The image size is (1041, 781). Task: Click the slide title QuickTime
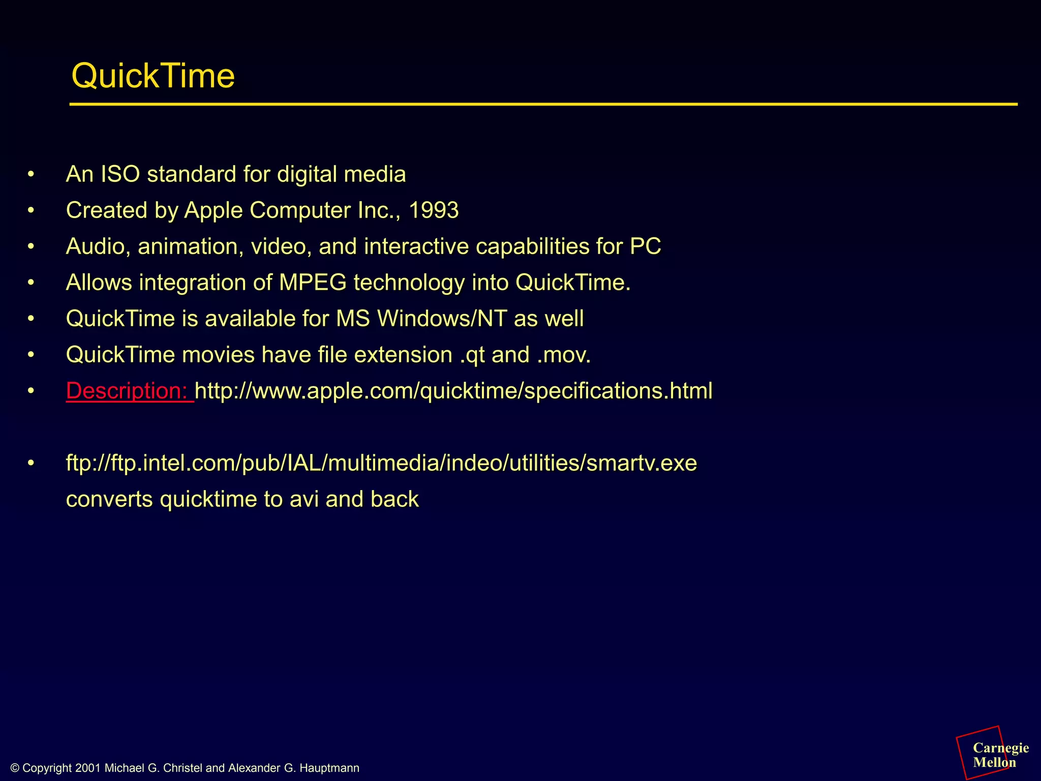click(x=153, y=76)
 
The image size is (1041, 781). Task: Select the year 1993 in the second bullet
click(x=434, y=211)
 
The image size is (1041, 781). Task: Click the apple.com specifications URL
click(x=453, y=391)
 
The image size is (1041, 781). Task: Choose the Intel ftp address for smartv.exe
click(x=381, y=463)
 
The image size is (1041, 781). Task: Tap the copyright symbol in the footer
click(x=15, y=768)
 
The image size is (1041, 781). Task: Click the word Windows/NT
click(x=442, y=319)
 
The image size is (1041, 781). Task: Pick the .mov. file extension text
click(x=564, y=355)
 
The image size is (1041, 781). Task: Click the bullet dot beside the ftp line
click(x=31, y=463)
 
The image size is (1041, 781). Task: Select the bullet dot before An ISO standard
click(x=31, y=174)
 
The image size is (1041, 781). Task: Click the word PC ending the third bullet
click(x=645, y=247)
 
